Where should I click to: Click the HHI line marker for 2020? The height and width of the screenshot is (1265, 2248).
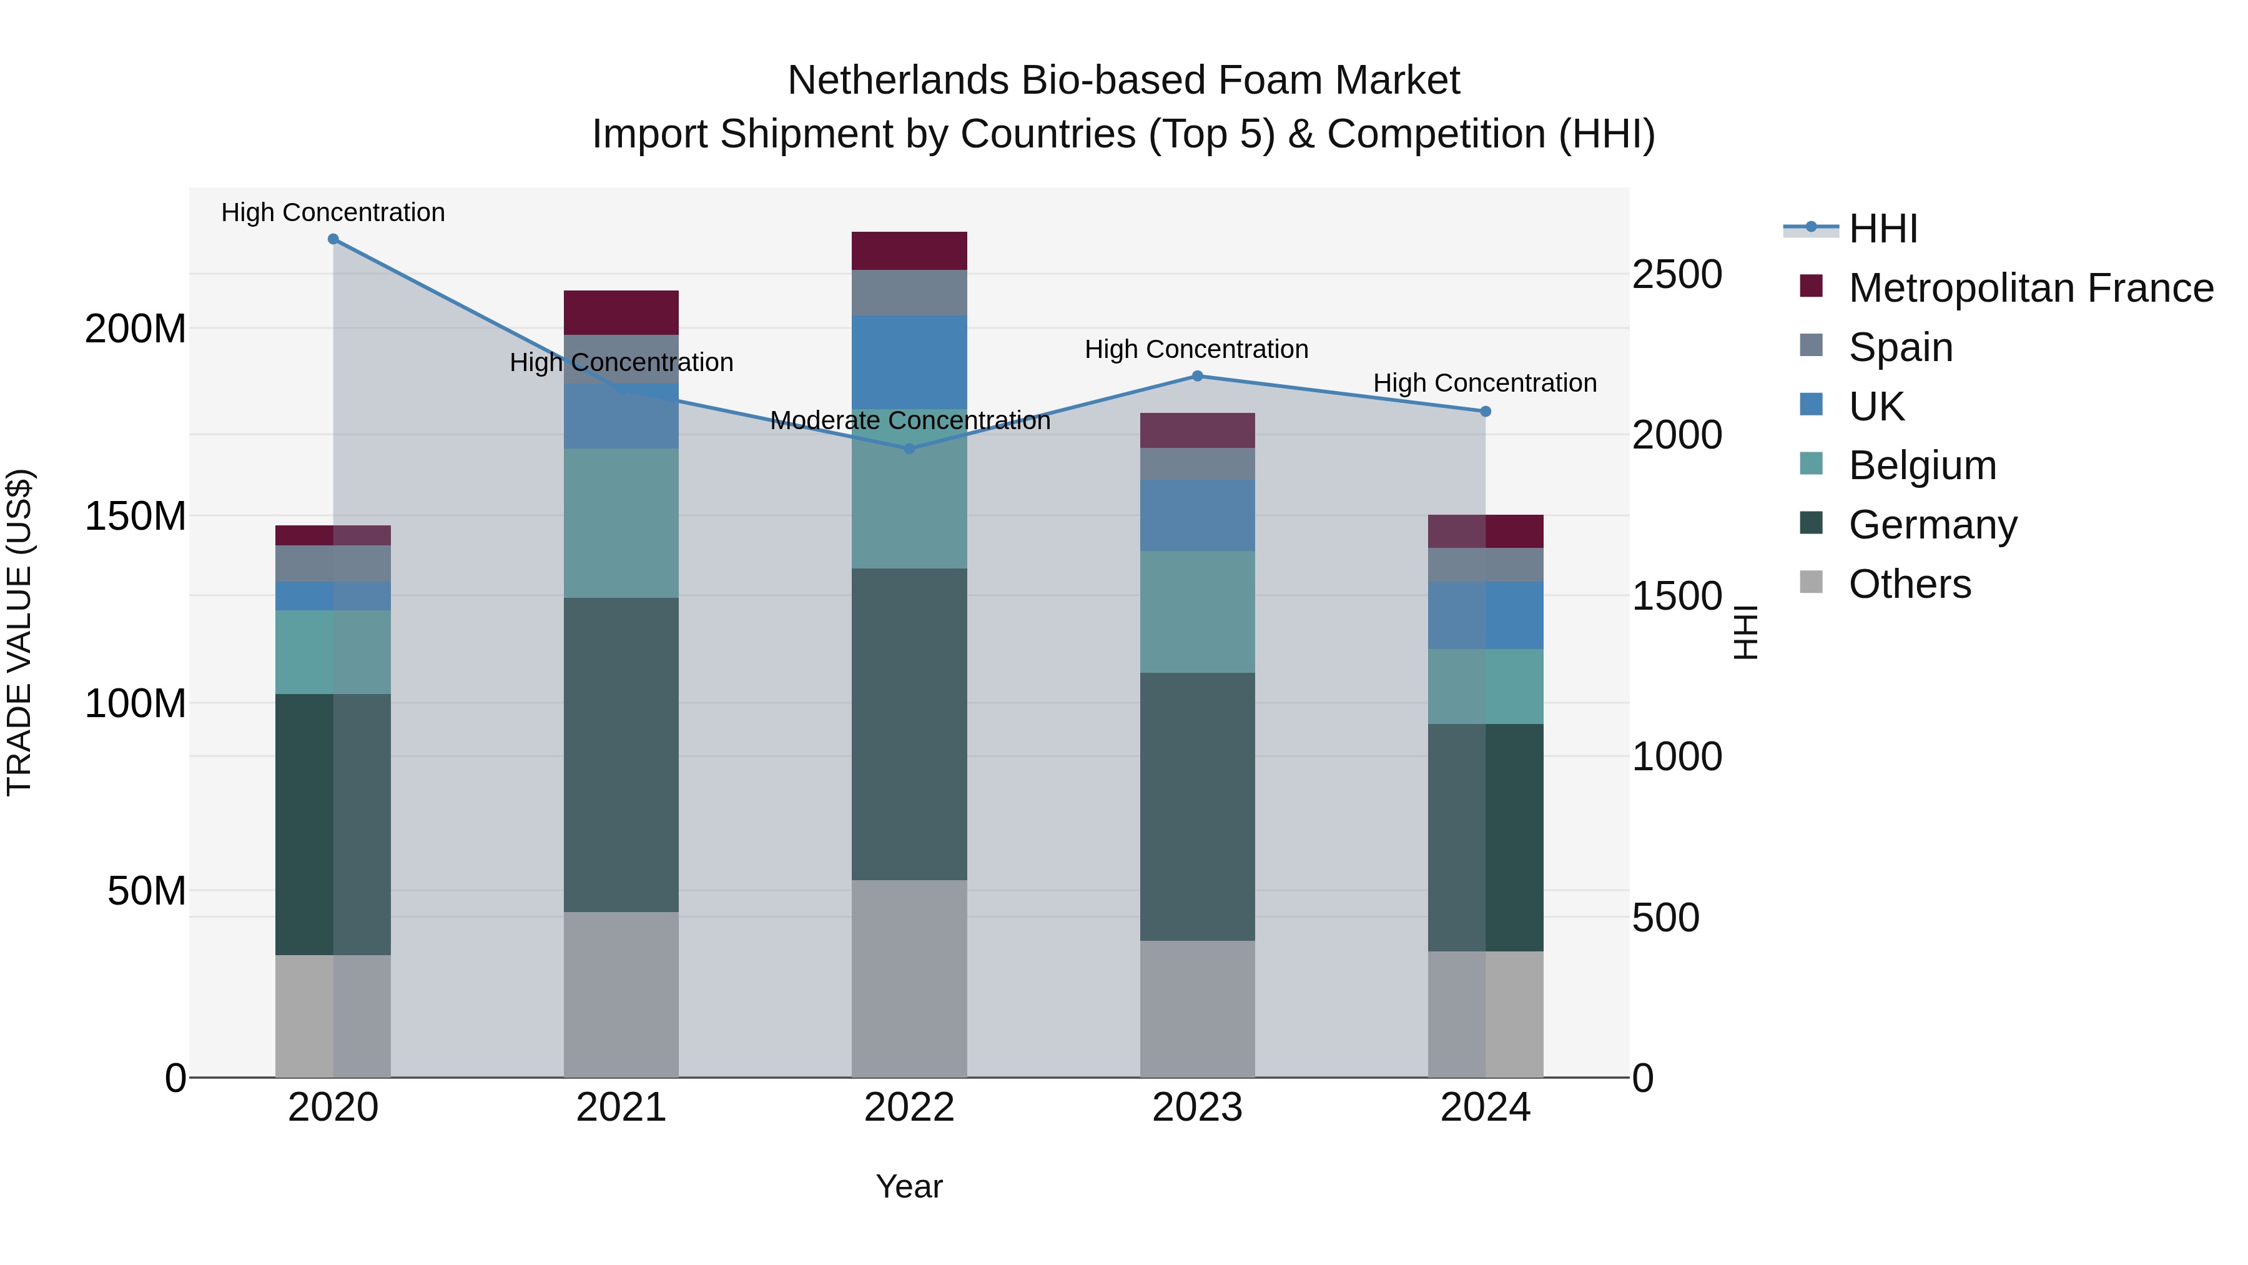pos(333,239)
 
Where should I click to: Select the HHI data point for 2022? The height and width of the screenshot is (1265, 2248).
pos(909,449)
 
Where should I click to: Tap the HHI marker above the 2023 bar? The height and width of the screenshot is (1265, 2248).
pos(1197,376)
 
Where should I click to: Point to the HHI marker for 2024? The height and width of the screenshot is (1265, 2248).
pos(1486,411)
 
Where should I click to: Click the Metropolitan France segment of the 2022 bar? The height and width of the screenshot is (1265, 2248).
pos(909,251)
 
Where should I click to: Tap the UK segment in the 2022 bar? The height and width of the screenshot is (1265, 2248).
pos(909,362)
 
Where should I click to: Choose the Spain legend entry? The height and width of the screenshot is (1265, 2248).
pos(1901,347)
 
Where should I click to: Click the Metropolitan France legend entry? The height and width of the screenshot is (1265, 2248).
pos(2030,288)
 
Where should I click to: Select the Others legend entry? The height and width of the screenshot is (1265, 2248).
pos(1910,584)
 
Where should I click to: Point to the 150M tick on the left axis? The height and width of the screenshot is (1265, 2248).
pos(136,516)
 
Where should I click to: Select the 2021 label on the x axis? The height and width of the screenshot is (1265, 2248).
pos(621,1108)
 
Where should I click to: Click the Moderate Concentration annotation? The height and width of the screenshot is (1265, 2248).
pos(909,421)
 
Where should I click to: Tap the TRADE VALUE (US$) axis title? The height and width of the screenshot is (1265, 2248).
pos(19,632)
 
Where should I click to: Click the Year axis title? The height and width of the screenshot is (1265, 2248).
pos(909,1186)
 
